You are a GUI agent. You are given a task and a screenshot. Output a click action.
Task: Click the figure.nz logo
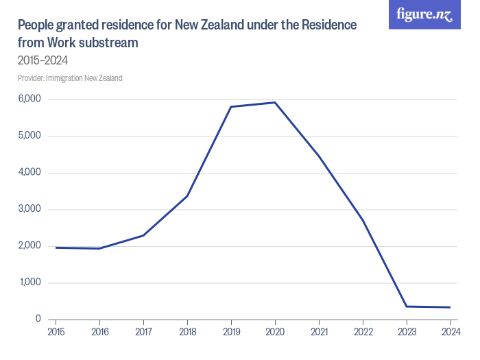coord(424,14)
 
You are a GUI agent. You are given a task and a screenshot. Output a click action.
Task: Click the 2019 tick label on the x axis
coord(231,333)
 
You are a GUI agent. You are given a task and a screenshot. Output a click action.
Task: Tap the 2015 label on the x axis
coord(56,333)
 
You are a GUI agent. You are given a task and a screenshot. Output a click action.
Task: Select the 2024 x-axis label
coord(451,333)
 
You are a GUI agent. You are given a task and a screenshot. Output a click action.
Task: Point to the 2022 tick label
coord(363,333)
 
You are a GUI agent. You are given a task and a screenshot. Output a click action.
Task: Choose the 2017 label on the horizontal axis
coord(143,333)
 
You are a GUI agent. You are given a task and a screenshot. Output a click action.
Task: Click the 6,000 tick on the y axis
coord(29,99)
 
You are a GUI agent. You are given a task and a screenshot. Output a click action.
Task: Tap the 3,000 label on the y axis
coord(29,209)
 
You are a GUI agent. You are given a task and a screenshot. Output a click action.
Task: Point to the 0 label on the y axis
coord(38,320)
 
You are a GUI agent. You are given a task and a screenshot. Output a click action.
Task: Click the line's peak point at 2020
coord(275,103)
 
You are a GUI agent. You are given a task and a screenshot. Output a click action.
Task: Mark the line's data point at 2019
coord(231,107)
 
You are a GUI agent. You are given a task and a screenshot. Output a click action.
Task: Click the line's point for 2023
coord(407,307)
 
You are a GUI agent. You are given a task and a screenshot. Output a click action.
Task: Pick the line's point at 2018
coord(187,196)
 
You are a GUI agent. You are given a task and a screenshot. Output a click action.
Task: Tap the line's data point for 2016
coord(99,248)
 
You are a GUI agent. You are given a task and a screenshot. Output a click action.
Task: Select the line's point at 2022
coord(363,220)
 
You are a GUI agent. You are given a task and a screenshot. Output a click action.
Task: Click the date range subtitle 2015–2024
coord(43,60)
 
